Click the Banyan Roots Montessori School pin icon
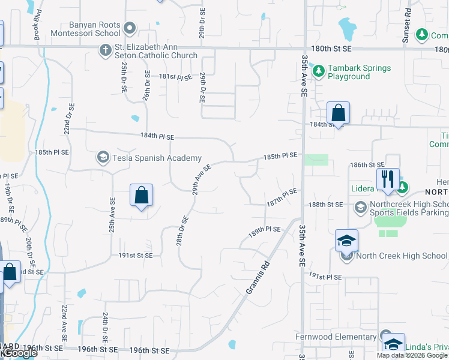[129, 28]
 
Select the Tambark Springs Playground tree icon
[319, 72]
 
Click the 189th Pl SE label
[265, 229]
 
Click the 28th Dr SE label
[182, 230]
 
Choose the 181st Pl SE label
[175, 77]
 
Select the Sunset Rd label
[408, 20]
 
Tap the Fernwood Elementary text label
[336, 337]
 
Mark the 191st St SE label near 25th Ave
[135, 255]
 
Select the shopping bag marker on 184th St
[339, 113]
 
